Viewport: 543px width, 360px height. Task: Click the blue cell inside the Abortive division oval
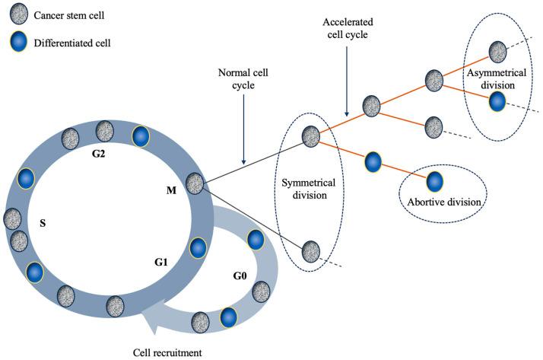435,180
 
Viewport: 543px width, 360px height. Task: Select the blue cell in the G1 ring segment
198,248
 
